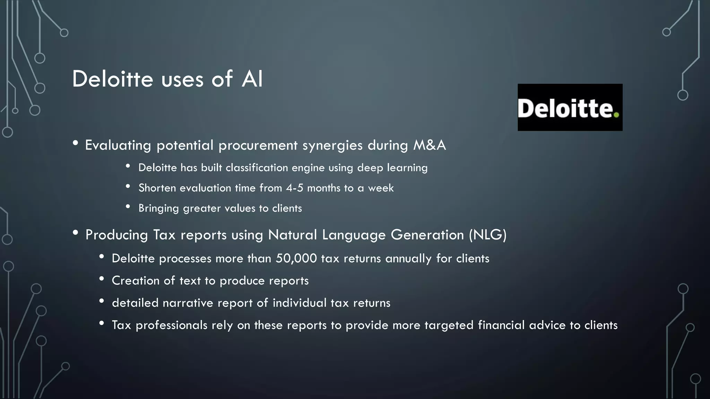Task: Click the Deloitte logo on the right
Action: tap(570, 107)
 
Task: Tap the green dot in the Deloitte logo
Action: tap(616, 115)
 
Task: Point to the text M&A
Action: tap(429, 145)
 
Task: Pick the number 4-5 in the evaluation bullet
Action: tap(294, 188)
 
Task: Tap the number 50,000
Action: tap(296, 259)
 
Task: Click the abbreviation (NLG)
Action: tap(487, 235)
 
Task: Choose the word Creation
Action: tap(136, 281)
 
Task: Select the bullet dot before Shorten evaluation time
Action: tap(128, 187)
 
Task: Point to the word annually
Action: tap(408, 259)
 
